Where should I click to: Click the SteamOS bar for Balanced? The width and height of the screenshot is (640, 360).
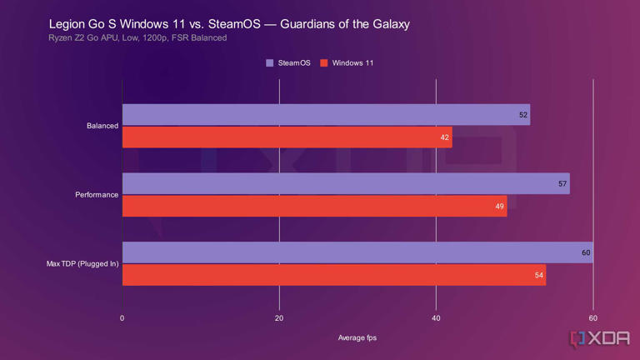tap(326, 115)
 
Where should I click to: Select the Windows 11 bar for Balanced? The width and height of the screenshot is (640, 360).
tap(287, 137)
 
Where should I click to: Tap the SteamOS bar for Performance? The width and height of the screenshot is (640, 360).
tap(346, 183)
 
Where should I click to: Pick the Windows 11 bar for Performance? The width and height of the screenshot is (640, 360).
tap(314, 206)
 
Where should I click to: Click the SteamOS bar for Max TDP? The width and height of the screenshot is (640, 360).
tap(357, 252)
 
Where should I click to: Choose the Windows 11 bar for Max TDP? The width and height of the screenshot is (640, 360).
tap(334, 275)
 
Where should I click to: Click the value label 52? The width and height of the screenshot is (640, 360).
tap(523, 115)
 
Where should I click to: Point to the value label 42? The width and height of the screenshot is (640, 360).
tap(445, 137)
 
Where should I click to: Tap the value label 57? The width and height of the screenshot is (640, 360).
tap(562, 183)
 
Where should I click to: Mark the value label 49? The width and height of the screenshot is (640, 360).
tap(500, 206)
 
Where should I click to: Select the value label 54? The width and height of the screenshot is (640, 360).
tap(539, 275)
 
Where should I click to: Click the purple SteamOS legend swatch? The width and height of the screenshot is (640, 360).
tap(270, 63)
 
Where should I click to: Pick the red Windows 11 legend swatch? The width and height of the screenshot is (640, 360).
tap(324, 63)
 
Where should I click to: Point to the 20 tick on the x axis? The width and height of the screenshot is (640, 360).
tap(279, 318)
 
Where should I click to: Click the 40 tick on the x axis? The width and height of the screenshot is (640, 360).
tap(436, 318)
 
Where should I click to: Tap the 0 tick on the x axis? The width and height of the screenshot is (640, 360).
tap(122, 318)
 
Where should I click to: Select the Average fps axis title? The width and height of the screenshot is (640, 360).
tap(357, 337)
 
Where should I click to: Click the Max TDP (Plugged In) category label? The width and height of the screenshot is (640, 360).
tap(82, 264)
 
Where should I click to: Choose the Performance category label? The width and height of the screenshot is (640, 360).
tap(97, 195)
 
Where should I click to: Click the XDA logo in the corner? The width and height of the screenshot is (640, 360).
tap(598, 338)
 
